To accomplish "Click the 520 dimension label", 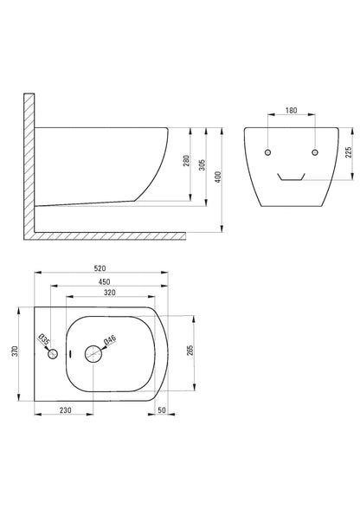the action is [x=100, y=268].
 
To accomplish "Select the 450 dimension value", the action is [x=104, y=282].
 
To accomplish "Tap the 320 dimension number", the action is [x=110, y=293].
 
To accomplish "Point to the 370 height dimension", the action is [x=16, y=351].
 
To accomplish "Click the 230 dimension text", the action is [x=65, y=410].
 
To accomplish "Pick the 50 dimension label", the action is [x=162, y=410].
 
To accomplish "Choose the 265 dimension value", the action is [x=190, y=350].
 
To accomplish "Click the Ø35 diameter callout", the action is [x=44, y=339].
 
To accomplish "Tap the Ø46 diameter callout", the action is [x=110, y=340].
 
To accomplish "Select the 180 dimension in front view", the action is [x=291, y=111].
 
